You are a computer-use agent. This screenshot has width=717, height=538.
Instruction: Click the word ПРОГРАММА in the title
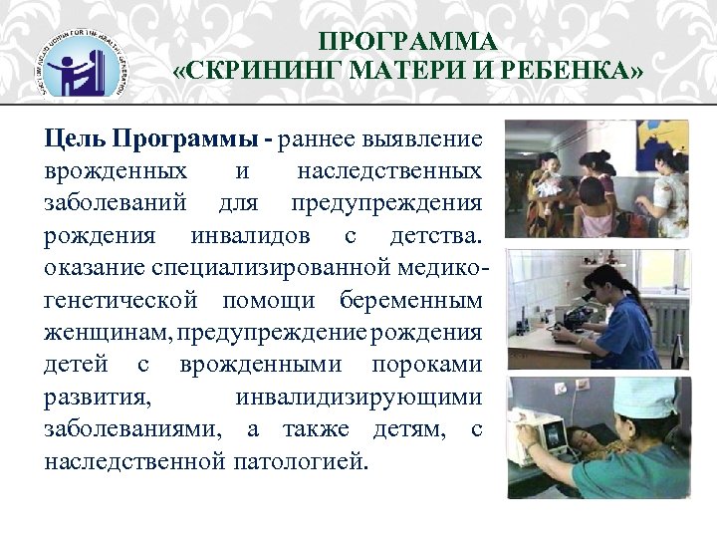click(x=407, y=42)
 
